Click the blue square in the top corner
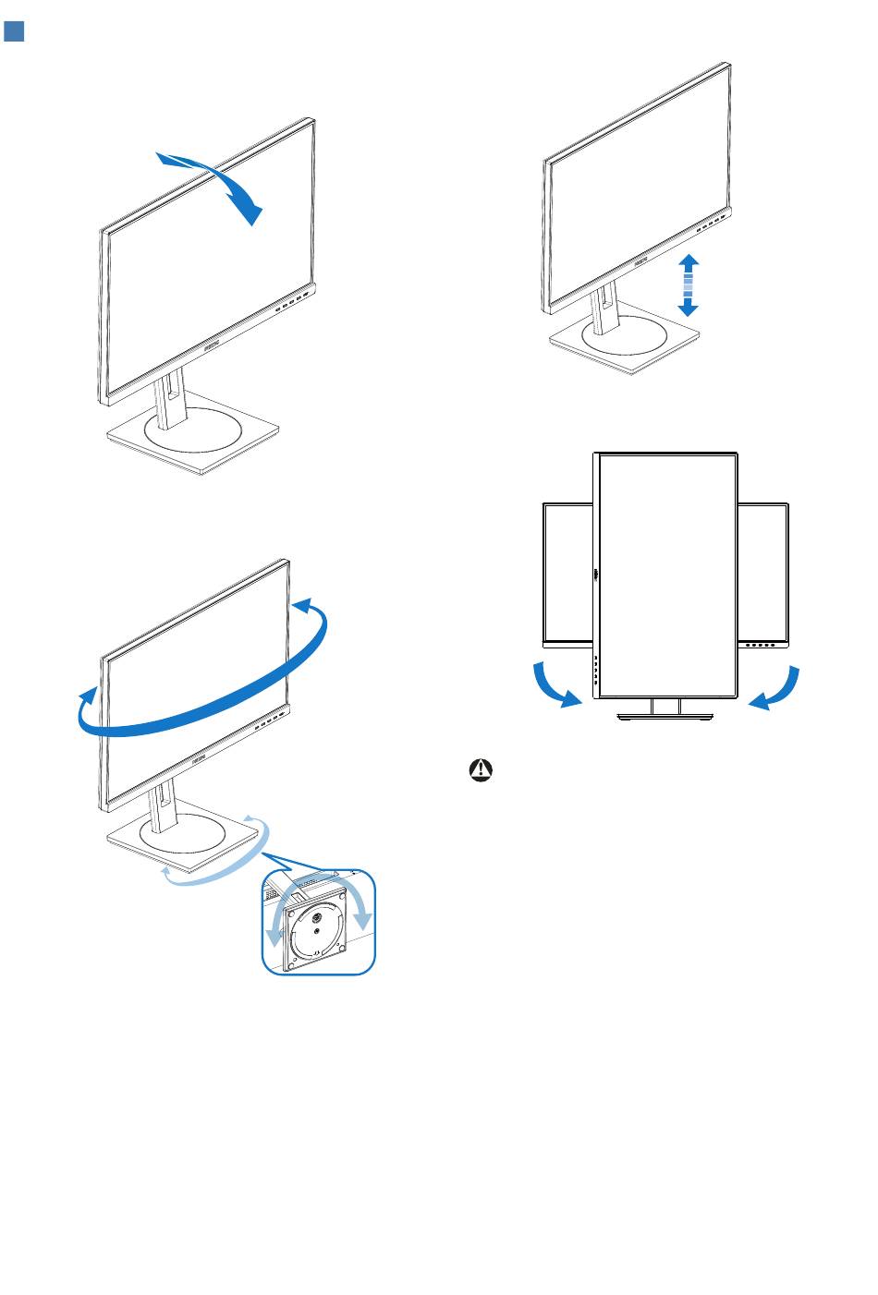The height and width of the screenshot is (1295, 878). [x=14, y=32]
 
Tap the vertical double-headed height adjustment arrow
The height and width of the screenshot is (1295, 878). [x=688, y=286]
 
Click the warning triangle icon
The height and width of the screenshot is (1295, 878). [x=482, y=769]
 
